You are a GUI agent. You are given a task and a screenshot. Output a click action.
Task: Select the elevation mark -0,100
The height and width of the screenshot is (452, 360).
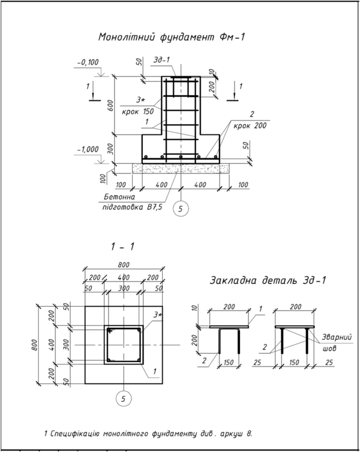88,62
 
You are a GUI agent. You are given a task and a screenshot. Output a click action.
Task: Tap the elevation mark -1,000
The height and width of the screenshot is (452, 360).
87,149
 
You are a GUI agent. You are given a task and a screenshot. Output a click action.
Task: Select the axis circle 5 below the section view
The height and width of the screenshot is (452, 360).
180,209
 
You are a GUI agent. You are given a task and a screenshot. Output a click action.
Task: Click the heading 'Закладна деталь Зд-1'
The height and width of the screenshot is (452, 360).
268,280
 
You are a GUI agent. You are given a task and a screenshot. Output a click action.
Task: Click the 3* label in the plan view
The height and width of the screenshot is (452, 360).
159,315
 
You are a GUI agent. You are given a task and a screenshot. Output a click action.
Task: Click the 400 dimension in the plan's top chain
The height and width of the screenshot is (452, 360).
124,277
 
